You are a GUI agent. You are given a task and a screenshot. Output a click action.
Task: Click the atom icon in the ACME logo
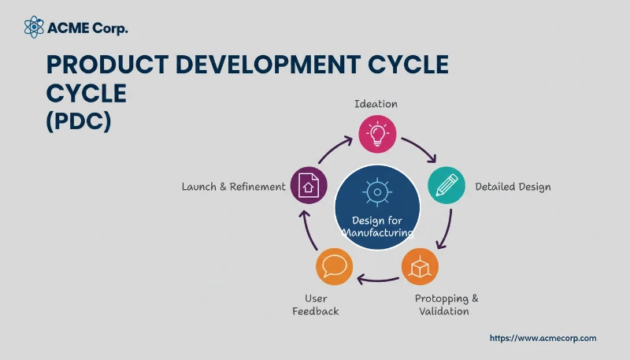pos(34,28)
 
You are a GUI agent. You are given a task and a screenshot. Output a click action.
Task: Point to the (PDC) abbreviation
pos(78,121)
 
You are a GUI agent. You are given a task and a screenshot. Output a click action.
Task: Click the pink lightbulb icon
pos(376,133)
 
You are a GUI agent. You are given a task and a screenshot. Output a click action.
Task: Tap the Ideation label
pos(376,104)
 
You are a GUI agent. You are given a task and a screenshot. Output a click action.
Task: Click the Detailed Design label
pos(513,187)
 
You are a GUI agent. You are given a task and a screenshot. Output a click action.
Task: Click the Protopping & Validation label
pos(447,305)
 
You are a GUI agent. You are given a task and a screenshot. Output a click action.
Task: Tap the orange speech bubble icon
pos(334,266)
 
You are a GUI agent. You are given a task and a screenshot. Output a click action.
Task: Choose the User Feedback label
pos(315,305)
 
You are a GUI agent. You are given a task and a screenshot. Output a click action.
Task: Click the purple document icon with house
pos(308,186)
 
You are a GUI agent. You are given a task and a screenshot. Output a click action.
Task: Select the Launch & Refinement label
pos(233,187)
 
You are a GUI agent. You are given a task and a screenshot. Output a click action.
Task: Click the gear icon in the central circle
pos(376,191)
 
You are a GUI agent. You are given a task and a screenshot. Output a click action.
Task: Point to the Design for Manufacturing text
pos(376,227)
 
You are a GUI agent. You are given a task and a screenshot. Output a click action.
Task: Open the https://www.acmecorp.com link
pos(543,338)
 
